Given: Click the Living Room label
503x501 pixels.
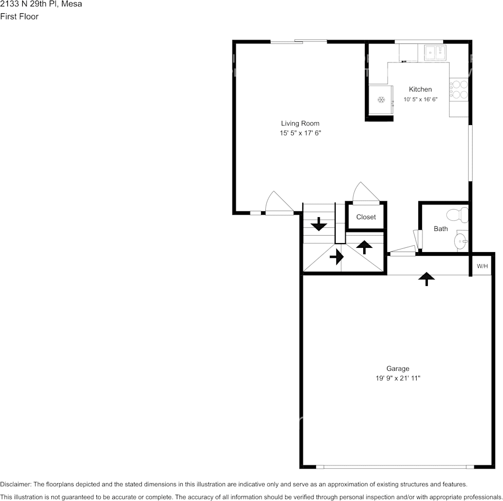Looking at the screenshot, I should tap(300, 123).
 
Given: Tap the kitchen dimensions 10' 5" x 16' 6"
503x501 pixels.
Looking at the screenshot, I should tap(420, 99).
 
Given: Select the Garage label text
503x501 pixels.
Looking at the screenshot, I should tap(397, 369).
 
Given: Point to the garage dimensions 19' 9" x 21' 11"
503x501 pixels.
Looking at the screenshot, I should tap(397, 378).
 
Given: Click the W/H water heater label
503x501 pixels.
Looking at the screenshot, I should tap(482, 266).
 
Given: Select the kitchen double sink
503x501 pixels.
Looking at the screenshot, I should tap(435, 52).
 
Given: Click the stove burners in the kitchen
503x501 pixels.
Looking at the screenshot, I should tap(459, 90).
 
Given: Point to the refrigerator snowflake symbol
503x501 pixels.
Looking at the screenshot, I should tap(380, 99).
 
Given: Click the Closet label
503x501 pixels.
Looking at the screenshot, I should tap(366, 217).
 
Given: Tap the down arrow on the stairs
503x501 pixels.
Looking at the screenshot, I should tap(319, 225).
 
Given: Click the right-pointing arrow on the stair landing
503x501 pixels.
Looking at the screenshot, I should tap(336, 257).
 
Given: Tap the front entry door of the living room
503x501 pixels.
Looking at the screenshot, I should tap(280, 204).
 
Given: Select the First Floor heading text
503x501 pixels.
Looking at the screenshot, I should tap(19, 16).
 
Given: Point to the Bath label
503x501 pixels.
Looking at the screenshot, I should tap(441, 229).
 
